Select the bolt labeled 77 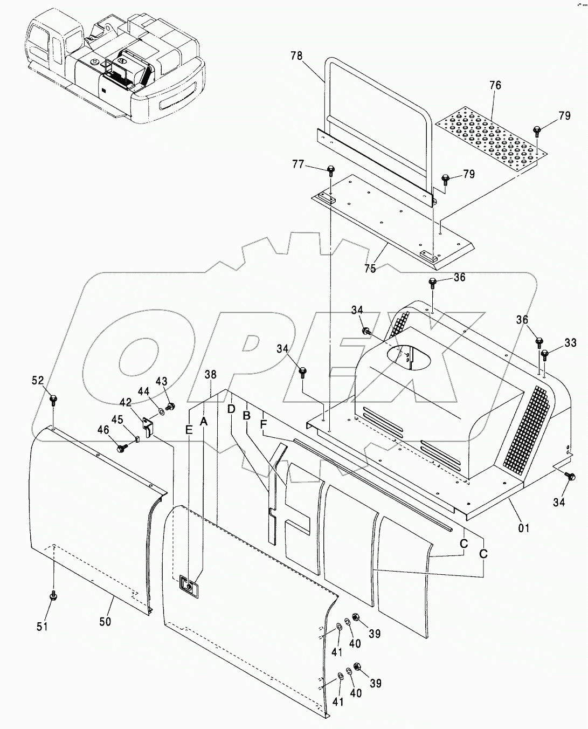pos(330,172)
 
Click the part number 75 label pos(370,268)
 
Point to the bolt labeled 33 pos(545,354)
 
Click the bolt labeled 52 pos(53,400)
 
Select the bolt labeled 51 pos(53,595)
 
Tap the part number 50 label pos(105,622)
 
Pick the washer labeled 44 pos(162,412)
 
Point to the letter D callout pos(231,409)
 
